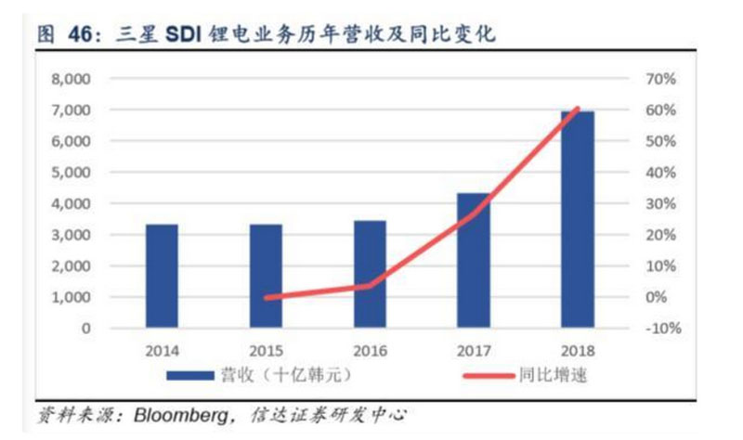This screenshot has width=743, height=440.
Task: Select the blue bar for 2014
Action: coord(162,276)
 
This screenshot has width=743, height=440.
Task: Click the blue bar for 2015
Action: coord(266,276)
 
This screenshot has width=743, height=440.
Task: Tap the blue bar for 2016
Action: coord(371,274)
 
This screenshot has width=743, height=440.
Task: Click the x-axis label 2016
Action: coord(371,352)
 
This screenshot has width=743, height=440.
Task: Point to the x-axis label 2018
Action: coord(578,352)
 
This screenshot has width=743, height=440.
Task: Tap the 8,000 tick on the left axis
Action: coord(71,79)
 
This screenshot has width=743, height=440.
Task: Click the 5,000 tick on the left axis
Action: coord(71,173)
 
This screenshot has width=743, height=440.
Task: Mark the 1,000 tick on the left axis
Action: coord(71,297)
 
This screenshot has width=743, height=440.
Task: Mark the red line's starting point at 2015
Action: coord(267,298)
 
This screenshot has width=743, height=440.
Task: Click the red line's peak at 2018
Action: coord(577,110)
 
